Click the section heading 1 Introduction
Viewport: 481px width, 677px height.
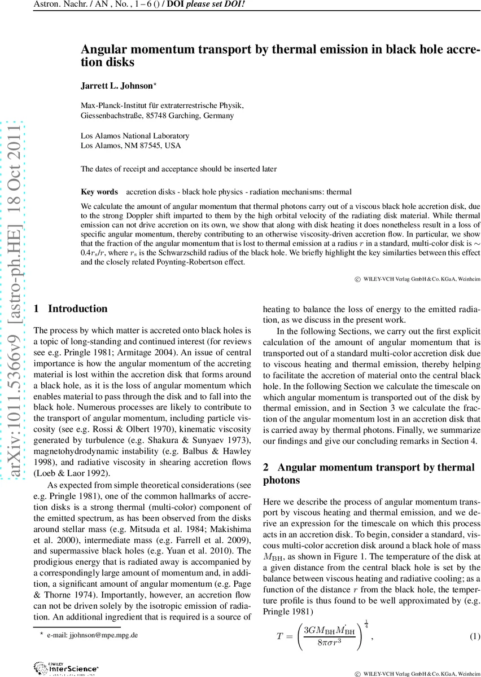71,309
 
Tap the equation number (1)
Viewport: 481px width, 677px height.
475,637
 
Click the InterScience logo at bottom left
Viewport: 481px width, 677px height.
62,669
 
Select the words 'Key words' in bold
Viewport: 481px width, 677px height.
99,192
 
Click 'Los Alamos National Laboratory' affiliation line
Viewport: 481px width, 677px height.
135,136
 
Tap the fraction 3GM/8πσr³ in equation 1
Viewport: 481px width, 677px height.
329,637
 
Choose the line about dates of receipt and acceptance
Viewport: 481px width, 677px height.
178,168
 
